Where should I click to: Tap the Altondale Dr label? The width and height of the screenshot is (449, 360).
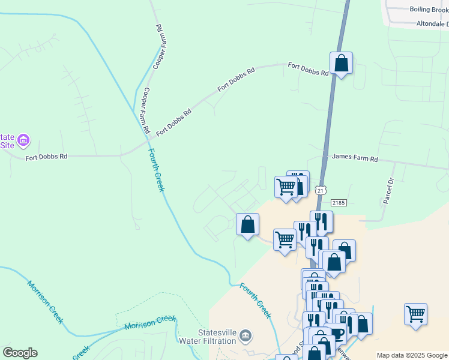click(432, 24)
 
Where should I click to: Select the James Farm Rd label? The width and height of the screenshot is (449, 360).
click(355, 159)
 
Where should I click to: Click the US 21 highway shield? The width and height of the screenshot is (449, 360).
click(322, 190)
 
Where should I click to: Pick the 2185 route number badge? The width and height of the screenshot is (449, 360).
click(338, 204)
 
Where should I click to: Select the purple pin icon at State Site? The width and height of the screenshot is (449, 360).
click(23, 141)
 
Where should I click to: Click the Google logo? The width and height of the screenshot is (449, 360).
click(19, 352)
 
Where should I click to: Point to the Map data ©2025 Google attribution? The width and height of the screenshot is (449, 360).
click(412, 355)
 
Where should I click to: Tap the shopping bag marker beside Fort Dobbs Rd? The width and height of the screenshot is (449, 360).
click(341, 63)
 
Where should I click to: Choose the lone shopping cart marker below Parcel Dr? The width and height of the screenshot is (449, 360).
click(415, 314)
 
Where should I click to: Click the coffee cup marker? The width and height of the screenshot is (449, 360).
click(337, 334)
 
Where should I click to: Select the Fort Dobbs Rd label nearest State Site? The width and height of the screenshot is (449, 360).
click(46, 157)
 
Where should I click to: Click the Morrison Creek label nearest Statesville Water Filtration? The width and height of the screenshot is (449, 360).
click(150, 322)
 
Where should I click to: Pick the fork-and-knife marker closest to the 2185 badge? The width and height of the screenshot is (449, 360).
click(321, 221)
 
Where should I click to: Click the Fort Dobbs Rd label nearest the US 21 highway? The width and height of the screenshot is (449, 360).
click(309, 69)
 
